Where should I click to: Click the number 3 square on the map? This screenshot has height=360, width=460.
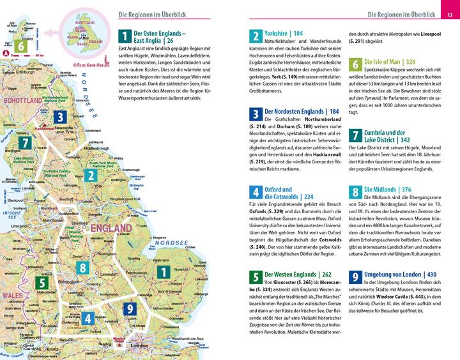pos(59,116)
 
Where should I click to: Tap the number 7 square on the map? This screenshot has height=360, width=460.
pos(24,143)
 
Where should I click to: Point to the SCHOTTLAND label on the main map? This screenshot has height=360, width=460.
pos(20,101)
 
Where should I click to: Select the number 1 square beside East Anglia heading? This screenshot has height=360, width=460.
pos(125,36)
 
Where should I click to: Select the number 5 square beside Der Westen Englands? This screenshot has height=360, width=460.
pos(255,276)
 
